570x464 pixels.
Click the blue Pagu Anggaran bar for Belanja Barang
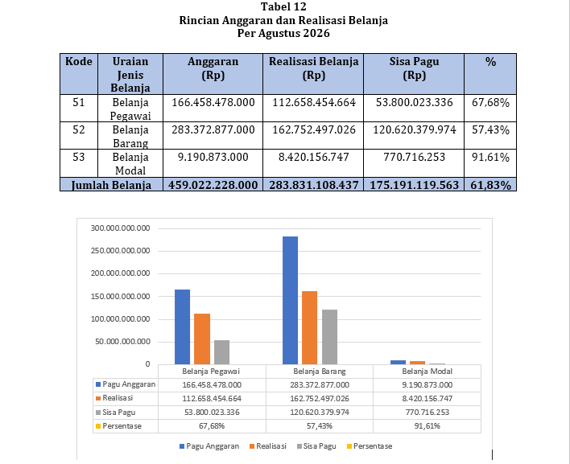(x=290, y=300)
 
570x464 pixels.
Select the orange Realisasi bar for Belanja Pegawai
(x=202, y=339)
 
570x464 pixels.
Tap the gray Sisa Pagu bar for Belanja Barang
(x=329, y=337)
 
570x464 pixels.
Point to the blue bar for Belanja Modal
(x=398, y=363)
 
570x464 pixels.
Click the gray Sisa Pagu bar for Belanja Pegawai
(x=221, y=352)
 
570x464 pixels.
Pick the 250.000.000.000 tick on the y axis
(x=120, y=251)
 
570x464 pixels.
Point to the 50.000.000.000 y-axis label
(x=122, y=342)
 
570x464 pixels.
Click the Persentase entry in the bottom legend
(x=370, y=446)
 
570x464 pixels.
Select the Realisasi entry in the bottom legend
(x=268, y=446)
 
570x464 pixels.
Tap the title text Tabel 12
(x=283, y=6)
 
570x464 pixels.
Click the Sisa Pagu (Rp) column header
(x=414, y=68)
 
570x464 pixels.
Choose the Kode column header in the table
(x=79, y=61)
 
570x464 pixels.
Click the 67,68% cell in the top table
(x=490, y=103)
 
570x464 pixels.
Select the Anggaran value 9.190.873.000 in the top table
(x=213, y=157)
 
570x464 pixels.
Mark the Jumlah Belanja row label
(x=111, y=185)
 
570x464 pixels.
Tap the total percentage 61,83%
(x=490, y=185)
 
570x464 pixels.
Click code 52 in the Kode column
(x=79, y=129)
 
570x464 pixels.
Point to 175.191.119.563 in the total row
(x=414, y=185)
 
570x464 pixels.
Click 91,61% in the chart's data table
(x=427, y=426)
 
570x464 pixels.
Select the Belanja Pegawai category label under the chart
(x=211, y=372)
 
